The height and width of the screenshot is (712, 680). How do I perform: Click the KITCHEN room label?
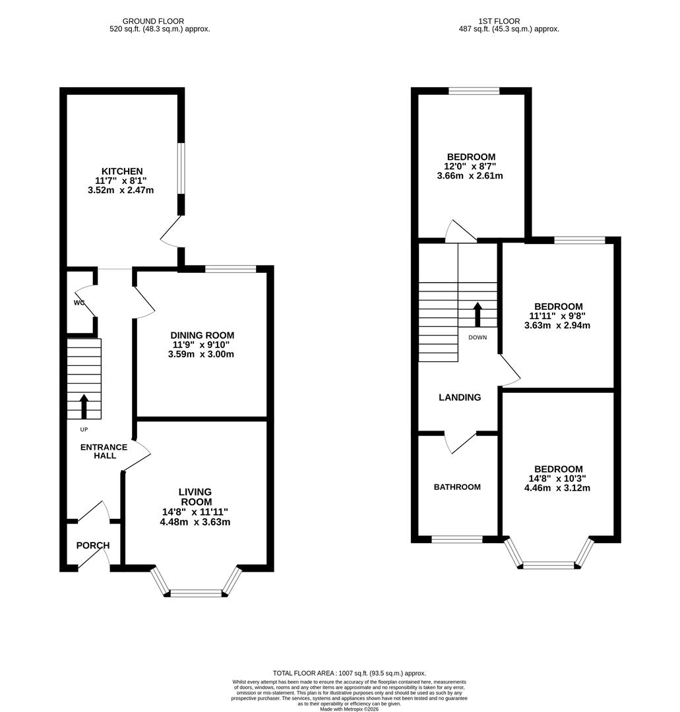tap(121, 171)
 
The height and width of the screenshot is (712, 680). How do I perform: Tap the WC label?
tap(79, 303)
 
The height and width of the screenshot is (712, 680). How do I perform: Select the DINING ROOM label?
tap(201, 336)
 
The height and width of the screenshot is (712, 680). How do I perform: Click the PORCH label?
tap(93, 545)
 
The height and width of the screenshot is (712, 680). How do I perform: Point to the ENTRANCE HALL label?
tap(104, 452)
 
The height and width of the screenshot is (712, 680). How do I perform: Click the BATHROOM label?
tap(457, 487)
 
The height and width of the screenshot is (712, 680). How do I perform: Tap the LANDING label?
tap(460, 398)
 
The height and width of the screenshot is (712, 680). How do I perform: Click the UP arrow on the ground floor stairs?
tap(84, 407)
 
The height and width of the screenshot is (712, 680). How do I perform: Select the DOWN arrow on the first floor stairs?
tap(477, 315)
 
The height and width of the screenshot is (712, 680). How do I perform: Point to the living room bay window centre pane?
tap(196, 593)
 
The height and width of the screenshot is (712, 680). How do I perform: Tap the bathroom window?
tap(457, 539)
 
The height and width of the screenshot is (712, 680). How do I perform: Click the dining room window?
tap(230, 268)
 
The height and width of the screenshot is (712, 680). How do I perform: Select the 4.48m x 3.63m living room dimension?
tap(195, 522)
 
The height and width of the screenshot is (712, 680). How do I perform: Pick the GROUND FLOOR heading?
tap(153, 22)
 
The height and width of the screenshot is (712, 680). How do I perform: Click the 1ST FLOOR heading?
tap(509, 22)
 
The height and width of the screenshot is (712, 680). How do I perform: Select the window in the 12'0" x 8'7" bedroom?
tap(474, 91)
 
